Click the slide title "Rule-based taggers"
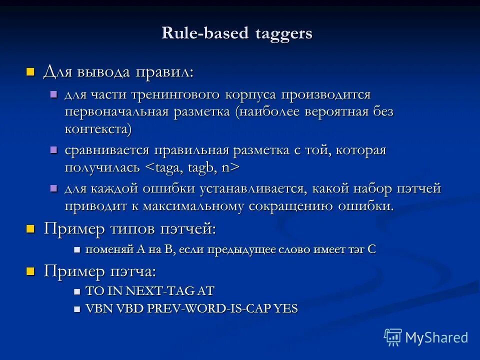tap(237, 33)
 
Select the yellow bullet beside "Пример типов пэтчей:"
tap(31, 229)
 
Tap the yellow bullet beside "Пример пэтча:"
tap(31, 271)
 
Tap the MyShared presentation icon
tap(393, 337)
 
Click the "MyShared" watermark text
tap(436, 337)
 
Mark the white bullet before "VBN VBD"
tap(77, 309)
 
